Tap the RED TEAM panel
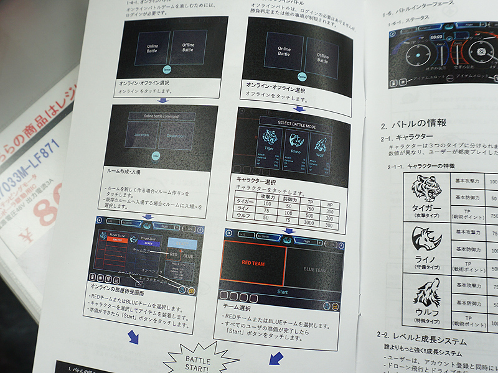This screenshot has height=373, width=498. coord(254,263)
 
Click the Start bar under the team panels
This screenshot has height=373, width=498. coord(282,291)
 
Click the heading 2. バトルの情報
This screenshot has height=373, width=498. coord(416,123)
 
